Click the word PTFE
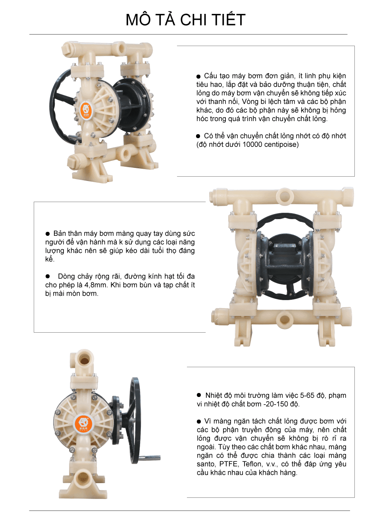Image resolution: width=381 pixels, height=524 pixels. point(228,464)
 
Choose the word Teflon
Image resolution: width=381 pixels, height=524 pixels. point(252,464)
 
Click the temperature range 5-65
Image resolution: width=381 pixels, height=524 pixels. point(308,395)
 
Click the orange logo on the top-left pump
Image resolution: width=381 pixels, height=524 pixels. point(86,110)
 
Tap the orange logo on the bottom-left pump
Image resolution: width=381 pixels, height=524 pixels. point(83,424)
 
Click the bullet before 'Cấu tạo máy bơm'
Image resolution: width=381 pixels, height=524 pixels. point(198,76)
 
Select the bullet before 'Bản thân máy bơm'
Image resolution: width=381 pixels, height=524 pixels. point(48,234)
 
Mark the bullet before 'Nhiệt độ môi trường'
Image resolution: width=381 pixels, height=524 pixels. point(199,395)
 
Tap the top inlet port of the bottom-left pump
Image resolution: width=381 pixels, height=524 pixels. point(84,359)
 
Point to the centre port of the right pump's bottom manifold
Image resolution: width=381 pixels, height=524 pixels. point(284,319)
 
